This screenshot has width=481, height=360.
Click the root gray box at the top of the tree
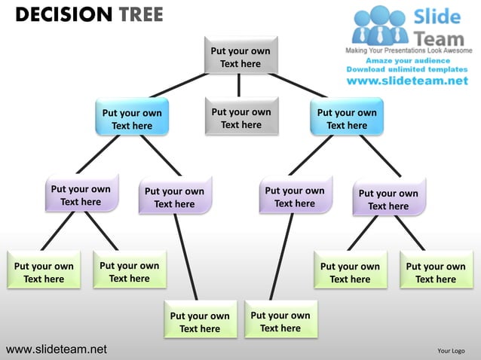[x=240, y=56]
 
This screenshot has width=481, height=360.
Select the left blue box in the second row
[x=132, y=119]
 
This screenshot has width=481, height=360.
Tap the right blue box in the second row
[x=347, y=119]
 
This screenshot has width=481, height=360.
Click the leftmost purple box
[x=81, y=195]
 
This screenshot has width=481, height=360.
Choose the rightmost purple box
[x=388, y=199]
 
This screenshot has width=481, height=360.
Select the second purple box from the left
[x=174, y=197]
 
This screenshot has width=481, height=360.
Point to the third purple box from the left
[x=295, y=197]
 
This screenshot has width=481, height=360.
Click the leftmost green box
[x=44, y=272]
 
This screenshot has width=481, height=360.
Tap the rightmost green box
[x=436, y=272]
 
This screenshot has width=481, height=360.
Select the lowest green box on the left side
[x=200, y=322]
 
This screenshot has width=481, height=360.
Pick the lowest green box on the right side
[x=280, y=322]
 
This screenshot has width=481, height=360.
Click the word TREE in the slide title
[x=139, y=14]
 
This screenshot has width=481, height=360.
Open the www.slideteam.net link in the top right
[x=407, y=81]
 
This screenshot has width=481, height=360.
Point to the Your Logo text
[x=451, y=350]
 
